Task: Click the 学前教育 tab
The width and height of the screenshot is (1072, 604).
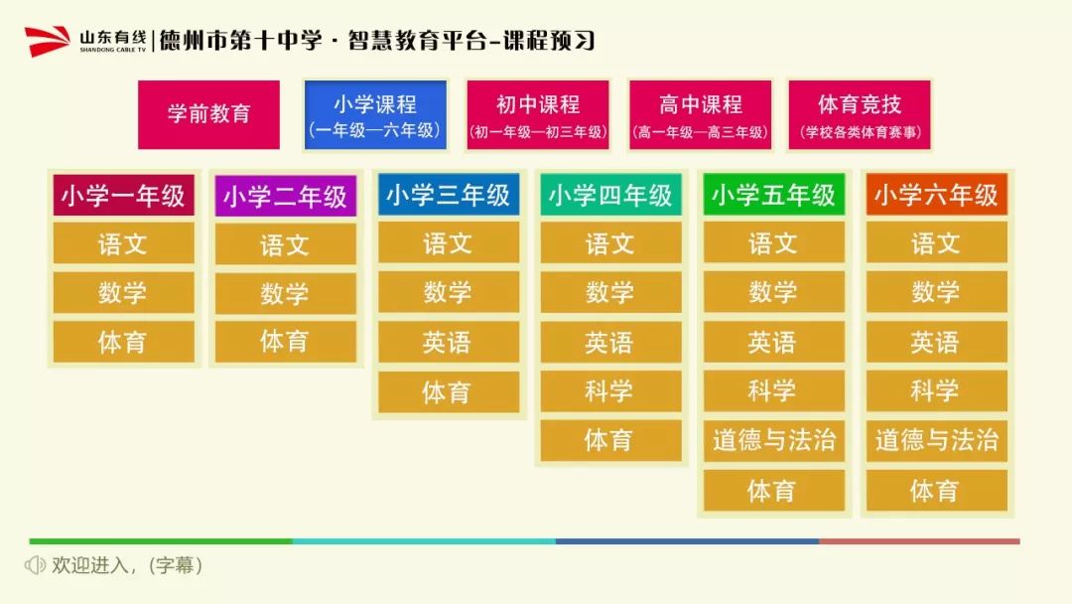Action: [208, 114]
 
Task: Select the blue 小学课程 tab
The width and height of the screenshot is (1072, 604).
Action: [375, 115]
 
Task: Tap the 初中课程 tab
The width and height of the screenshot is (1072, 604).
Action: [537, 115]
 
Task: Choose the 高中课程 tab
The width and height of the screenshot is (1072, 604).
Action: [700, 115]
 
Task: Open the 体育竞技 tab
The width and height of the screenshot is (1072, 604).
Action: [860, 115]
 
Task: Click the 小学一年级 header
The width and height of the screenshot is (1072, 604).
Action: [124, 196]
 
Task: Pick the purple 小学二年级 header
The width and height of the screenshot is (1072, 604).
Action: [286, 197]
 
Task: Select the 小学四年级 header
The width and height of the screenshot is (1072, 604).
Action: [611, 195]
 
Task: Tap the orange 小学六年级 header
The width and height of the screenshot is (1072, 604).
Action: [937, 195]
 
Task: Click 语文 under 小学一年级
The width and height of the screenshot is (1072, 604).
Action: [124, 243]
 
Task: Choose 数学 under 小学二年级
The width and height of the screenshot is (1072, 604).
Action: [286, 294]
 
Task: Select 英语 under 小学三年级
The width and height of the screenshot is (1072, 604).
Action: [449, 342]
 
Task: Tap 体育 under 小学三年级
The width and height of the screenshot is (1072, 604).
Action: [449, 392]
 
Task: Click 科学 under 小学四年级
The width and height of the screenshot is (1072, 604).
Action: [611, 391]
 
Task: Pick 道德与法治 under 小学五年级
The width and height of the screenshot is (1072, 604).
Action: [774, 440]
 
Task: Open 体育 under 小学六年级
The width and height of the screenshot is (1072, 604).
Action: [937, 491]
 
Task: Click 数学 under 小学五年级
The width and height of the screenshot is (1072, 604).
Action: [774, 292]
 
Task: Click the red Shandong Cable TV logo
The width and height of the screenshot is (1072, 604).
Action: [48, 41]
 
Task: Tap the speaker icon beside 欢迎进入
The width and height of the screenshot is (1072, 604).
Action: [35, 565]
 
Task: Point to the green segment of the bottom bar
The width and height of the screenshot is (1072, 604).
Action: [161, 541]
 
